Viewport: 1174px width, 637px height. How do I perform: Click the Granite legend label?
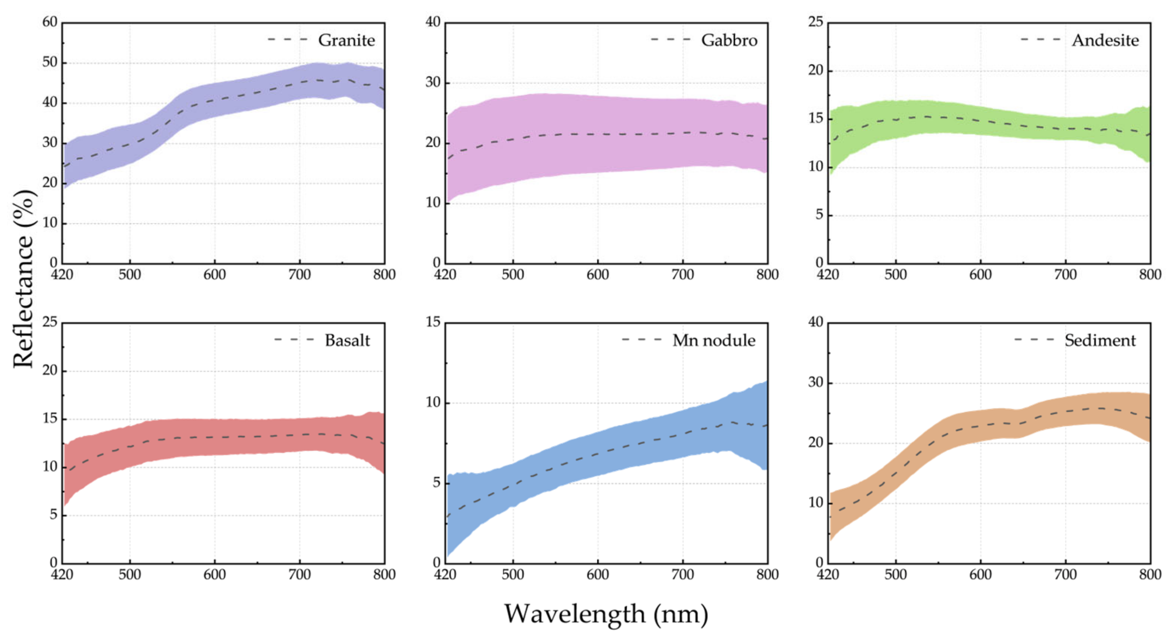pyautogui.click(x=346, y=40)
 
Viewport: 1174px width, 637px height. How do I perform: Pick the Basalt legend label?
pyautogui.click(x=347, y=340)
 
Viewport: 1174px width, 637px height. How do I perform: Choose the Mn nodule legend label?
pyautogui.click(x=714, y=340)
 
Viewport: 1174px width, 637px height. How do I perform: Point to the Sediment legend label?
pyautogui.click(x=1100, y=340)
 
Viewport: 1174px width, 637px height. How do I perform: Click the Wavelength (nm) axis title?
pyautogui.click(x=606, y=614)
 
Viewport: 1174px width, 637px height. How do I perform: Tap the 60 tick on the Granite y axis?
pyautogui.click(x=50, y=22)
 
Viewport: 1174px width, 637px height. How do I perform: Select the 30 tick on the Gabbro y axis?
pyautogui.click(x=433, y=83)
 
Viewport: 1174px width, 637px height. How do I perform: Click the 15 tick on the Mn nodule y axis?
pyautogui.click(x=433, y=322)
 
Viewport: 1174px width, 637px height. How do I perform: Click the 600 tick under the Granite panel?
pyautogui.click(x=215, y=274)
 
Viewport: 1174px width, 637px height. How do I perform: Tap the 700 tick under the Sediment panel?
pyautogui.click(x=1066, y=575)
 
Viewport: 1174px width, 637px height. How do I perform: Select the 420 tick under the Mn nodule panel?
pyautogui.click(x=445, y=575)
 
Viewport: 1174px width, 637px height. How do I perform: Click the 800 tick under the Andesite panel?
pyautogui.click(x=1150, y=274)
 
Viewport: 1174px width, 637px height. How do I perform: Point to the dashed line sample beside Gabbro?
pyautogui.click(x=670, y=40)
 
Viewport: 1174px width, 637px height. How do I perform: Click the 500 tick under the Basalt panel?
pyautogui.click(x=130, y=575)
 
